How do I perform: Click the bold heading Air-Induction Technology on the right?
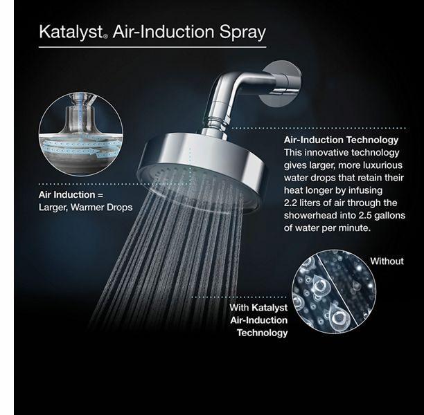pyautogui.click(x=341, y=140)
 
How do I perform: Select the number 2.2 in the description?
pyautogui.click(x=293, y=203)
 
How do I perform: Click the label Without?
pyautogui.click(x=386, y=261)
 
